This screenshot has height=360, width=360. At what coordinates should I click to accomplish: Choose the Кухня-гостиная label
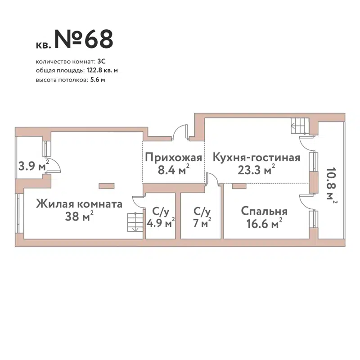tap(256, 158)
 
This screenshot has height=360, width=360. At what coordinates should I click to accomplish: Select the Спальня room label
tap(264, 211)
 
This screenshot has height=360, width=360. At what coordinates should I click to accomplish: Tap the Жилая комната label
tap(79, 204)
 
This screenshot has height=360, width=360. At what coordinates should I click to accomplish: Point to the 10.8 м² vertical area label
tap(332, 185)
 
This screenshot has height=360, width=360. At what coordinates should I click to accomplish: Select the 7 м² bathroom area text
tap(201, 223)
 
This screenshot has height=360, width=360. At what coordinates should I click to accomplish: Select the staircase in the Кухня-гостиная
tap(298, 125)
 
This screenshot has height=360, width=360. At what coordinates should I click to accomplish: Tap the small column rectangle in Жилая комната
tap(107, 185)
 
